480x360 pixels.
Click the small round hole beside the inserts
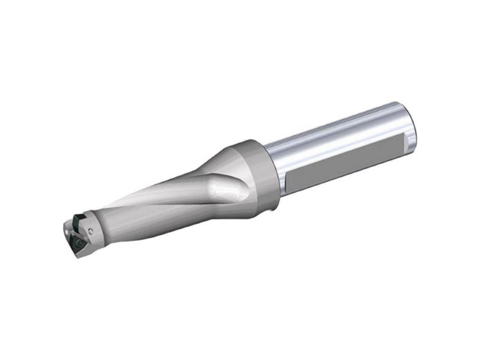(x=91, y=230)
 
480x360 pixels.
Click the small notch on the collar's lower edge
(x=273, y=205)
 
